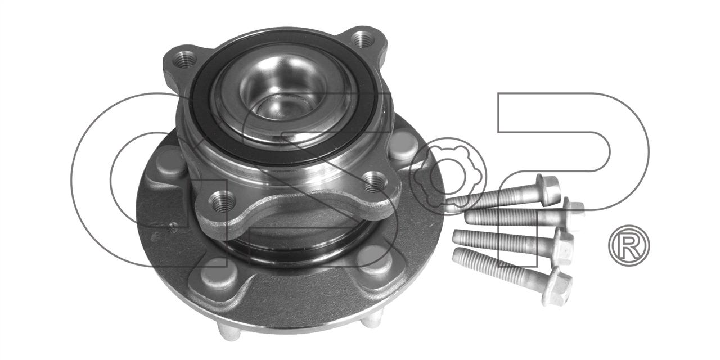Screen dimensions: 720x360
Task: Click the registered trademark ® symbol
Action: pos(629,245)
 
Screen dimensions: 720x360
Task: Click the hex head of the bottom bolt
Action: pos(557,290)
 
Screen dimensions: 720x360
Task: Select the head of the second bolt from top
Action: pos(573,213)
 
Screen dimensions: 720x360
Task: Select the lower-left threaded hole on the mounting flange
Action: pos(222,202)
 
